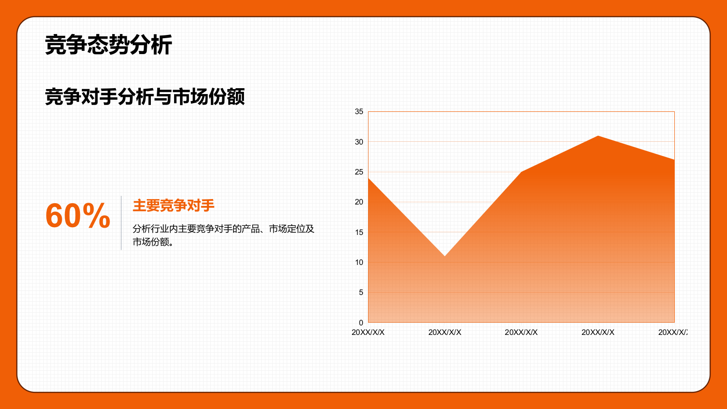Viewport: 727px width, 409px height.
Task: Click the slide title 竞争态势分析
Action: [108, 45]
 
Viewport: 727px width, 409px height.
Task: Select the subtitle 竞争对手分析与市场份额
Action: [145, 96]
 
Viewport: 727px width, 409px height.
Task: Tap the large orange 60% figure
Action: [78, 215]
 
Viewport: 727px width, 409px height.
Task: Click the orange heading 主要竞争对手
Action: [174, 205]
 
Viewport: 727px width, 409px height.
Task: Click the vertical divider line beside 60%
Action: [121, 223]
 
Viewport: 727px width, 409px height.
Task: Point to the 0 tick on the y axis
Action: [361, 323]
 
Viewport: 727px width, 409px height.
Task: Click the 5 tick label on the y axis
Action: [361, 292]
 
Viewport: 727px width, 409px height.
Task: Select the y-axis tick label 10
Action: [359, 262]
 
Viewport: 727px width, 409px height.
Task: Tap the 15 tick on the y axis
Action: [359, 232]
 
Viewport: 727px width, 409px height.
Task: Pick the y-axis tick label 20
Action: [359, 202]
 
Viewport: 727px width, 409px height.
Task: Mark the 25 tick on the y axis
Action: [359, 172]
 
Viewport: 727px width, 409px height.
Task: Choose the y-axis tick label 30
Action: [359, 142]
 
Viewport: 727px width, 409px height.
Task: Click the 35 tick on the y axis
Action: [359, 111]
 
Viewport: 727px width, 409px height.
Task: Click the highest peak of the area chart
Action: [598, 136]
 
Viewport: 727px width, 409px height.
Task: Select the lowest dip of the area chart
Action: [444, 256]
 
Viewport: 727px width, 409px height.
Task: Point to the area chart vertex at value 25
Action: [521, 172]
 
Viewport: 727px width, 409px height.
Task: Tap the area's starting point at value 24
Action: [368, 178]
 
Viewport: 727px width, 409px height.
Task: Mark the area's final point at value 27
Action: [674, 160]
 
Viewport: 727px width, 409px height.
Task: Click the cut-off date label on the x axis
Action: [673, 332]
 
